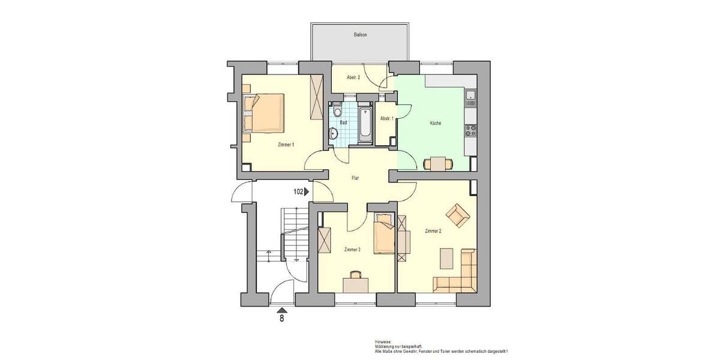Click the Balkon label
click(360, 35)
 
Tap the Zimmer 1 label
click(286, 145)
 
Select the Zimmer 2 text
click(433, 231)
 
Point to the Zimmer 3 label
click(352, 250)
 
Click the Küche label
click(436, 123)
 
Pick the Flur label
click(355, 178)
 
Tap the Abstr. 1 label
click(386, 118)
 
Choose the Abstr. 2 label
click(353, 77)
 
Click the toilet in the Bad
click(337, 110)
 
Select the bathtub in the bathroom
click(364, 125)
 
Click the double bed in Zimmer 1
click(263, 113)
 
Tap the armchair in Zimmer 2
click(458, 215)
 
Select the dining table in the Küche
click(439, 163)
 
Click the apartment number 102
click(298, 192)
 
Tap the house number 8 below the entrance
click(281, 319)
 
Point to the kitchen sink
click(470, 97)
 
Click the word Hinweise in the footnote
click(382, 341)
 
